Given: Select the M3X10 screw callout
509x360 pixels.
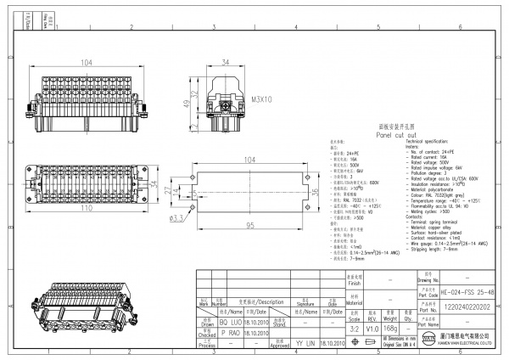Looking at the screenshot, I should point(262,99).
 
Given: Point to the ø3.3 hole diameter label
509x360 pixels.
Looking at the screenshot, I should point(179,219).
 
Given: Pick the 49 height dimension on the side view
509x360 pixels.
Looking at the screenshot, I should point(186,104).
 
